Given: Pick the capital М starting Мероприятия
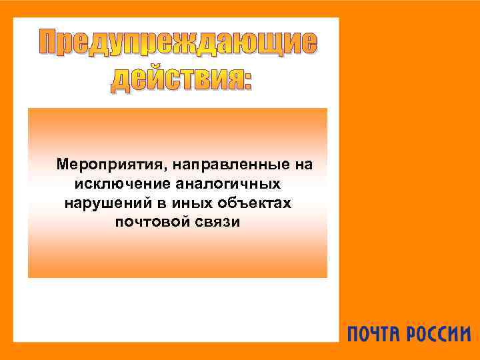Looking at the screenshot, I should [x=62, y=164].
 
